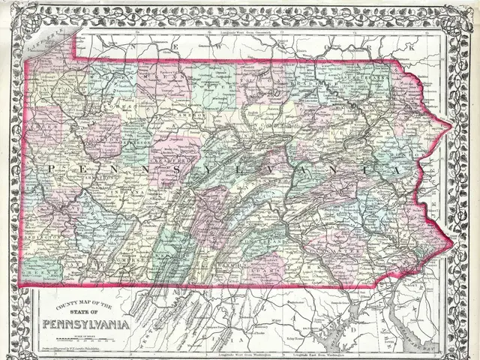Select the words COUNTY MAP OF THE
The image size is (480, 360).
[x=82, y=304]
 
